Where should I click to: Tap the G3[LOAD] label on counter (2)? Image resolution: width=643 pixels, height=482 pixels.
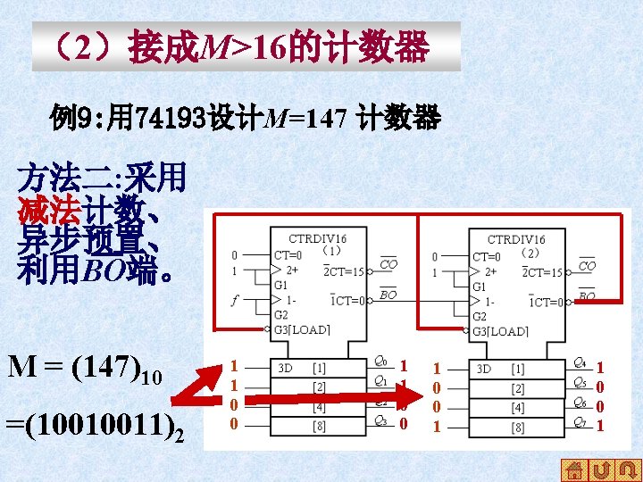[499, 331]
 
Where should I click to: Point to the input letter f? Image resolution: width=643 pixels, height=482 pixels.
[235, 301]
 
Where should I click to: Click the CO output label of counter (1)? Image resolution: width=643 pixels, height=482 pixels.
[388, 264]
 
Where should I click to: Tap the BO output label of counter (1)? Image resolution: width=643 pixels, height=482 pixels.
[388, 294]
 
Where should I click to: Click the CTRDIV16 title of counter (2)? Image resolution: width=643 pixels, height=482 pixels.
[515, 239]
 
